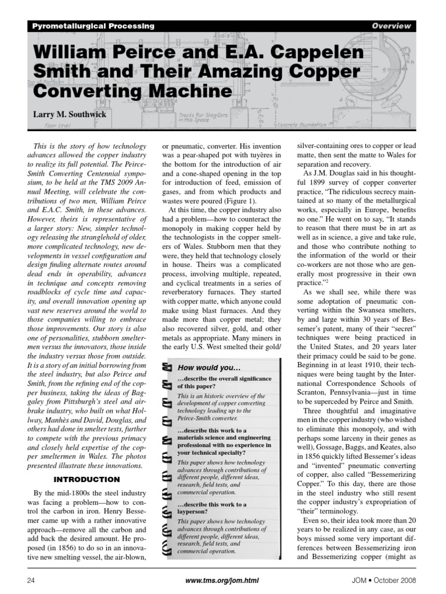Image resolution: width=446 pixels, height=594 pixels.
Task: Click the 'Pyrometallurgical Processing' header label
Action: [92, 26]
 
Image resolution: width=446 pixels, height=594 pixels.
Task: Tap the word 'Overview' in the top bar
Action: [391, 26]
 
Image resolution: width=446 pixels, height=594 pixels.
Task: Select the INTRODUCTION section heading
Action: [87, 480]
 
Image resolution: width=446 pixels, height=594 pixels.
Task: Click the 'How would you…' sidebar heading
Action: [208, 368]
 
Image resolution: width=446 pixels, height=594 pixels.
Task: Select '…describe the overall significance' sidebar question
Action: [224, 379]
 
